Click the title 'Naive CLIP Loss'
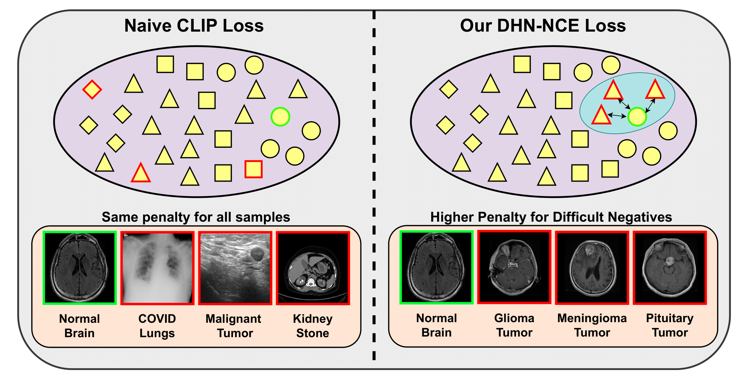tap(194, 26)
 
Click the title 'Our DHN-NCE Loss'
tap(543, 26)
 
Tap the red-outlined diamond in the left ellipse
tap(92, 90)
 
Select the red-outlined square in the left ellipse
tap(253, 169)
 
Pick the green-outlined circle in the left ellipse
tap(280, 117)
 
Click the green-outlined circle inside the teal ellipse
tap(637, 117)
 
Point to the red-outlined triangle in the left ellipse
tap(141, 173)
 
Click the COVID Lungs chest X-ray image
tap(157, 268)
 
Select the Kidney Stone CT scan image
tap(313, 268)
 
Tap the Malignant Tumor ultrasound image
tap(235, 268)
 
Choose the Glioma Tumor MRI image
tap(514, 267)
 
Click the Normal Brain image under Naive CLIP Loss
tap(80, 268)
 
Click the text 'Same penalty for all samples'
tap(196, 217)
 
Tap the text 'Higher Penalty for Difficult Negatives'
tap(551, 217)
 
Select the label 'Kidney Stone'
tap(313, 326)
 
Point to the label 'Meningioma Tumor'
tap(592, 325)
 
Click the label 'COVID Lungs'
tap(157, 326)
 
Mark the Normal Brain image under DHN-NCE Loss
tap(436, 267)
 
